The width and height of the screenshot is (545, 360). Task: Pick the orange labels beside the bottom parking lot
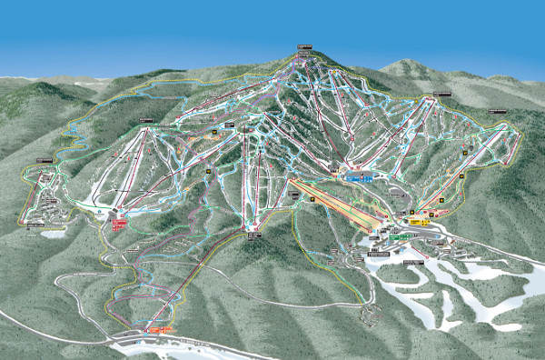[x=163, y=328]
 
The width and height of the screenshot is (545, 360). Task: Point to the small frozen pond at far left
[x=52, y=234]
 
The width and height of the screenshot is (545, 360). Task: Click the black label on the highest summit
[x=302, y=48]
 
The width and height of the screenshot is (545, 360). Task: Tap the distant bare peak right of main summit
[x=406, y=66]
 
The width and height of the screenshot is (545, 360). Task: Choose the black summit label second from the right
[x=441, y=94]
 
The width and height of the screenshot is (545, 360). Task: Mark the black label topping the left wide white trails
[x=145, y=121]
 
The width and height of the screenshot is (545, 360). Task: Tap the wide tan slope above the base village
[x=336, y=205]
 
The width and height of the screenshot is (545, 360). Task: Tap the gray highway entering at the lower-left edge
[x=18, y=318]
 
